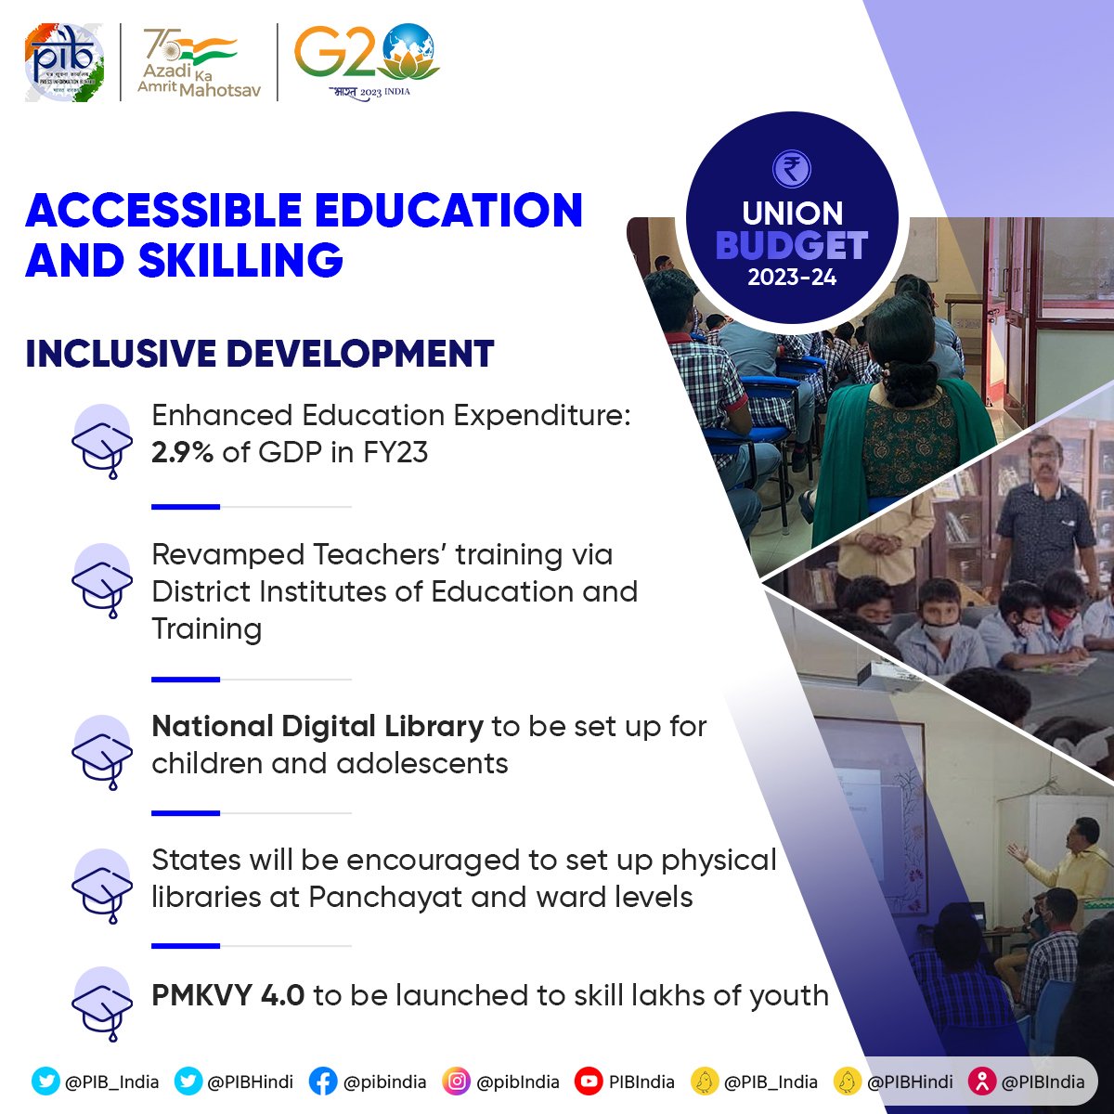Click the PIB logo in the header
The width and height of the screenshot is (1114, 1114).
tap(64, 62)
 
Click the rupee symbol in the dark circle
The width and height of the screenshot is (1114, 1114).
tap(792, 169)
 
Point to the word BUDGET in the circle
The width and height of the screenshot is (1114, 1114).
tap(792, 246)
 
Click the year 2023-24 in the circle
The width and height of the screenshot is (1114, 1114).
tap(792, 278)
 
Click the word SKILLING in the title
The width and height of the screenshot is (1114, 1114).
tap(240, 260)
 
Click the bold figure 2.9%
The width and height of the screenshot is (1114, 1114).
tap(182, 452)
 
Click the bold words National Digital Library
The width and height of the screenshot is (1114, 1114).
tap(317, 726)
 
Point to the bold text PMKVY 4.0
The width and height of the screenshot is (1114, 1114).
tap(227, 995)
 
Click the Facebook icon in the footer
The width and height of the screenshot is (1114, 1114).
tap(322, 1082)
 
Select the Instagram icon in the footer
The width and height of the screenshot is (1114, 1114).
tap(456, 1082)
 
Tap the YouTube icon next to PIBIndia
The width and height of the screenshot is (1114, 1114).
tap(589, 1082)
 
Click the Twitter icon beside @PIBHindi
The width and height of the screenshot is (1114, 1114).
tap(188, 1082)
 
